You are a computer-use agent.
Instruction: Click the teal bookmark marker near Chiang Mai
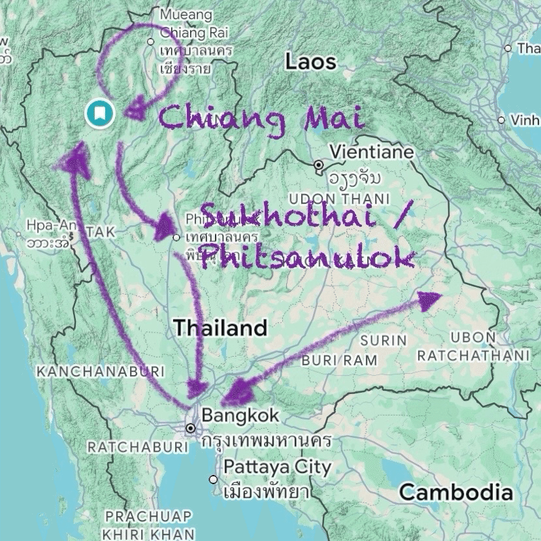(x=99, y=114)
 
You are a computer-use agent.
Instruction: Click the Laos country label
(x=310, y=63)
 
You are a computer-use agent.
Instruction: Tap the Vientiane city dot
(x=319, y=165)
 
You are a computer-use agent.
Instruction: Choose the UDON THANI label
(x=338, y=199)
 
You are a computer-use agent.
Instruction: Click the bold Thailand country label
(x=220, y=328)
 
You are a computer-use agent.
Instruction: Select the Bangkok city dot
(x=191, y=429)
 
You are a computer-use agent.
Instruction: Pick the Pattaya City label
(x=278, y=468)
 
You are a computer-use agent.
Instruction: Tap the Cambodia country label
(x=456, y=492)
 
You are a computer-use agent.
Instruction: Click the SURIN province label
(x=384, y=340)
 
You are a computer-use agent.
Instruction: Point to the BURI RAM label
(x=339, y=360)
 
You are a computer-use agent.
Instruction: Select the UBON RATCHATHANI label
(x=473, y=347)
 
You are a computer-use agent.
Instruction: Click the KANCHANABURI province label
(x=100, y=371)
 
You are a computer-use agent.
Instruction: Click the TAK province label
(x=100, y=233)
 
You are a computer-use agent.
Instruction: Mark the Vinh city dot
(x=501, y=120)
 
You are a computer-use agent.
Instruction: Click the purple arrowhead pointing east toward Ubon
(x=429, y=300)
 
